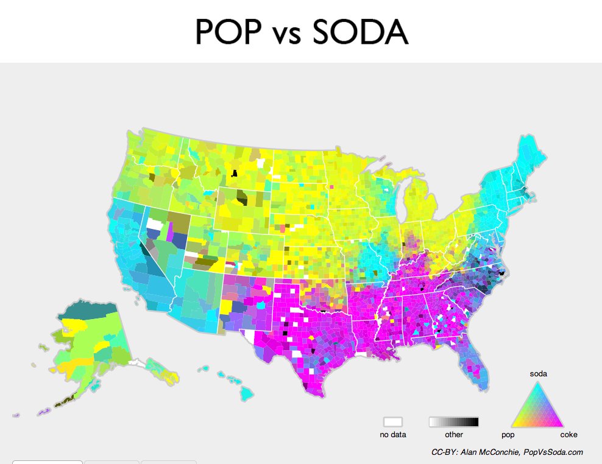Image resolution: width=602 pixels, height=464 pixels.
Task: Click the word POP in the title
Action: [x=229, y=32]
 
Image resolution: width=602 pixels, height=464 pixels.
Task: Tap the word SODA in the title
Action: [x=359, y=32]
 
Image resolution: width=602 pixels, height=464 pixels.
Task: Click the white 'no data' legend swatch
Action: [x=393, y=422]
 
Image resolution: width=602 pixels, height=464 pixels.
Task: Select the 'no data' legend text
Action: [x=393, y=435]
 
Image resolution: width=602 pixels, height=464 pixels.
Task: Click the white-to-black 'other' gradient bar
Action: [x=454, y=422]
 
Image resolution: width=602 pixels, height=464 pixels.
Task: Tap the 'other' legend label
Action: [x=454, y=435]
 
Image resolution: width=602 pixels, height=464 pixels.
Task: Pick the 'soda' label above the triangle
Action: [x=538, y=373]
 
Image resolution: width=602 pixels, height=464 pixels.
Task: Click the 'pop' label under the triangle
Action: [x=508, y=435]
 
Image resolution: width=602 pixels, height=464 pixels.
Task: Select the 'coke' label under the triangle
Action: [x=568, y=435]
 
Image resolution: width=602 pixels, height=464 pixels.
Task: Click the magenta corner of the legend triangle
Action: [x=560, y=424]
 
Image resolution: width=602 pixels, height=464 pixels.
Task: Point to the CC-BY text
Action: [x=442, y=452]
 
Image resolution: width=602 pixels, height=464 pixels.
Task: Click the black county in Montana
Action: [x=233, y=174]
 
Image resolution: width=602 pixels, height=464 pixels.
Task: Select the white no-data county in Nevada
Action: [x=155, y=225]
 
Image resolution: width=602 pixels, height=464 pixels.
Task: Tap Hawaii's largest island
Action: [x=246, y=394]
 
